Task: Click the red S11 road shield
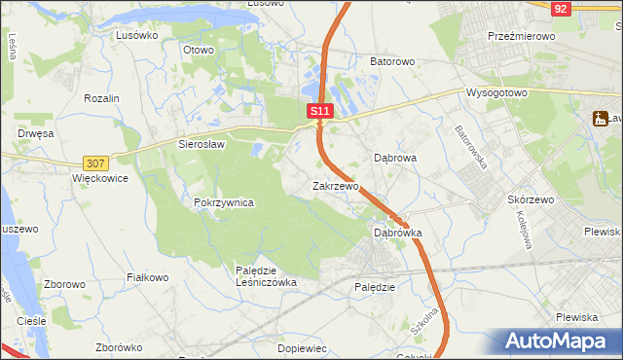(321, 112)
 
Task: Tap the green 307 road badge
(95, 163)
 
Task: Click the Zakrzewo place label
(336, 185)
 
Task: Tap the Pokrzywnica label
(224, 202)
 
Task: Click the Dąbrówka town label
(398, 234)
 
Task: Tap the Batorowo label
(392, 60)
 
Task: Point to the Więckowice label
(100, 180)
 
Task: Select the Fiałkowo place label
(149, 277)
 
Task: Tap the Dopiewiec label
(302, 347)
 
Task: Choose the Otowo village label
(198, 50)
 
